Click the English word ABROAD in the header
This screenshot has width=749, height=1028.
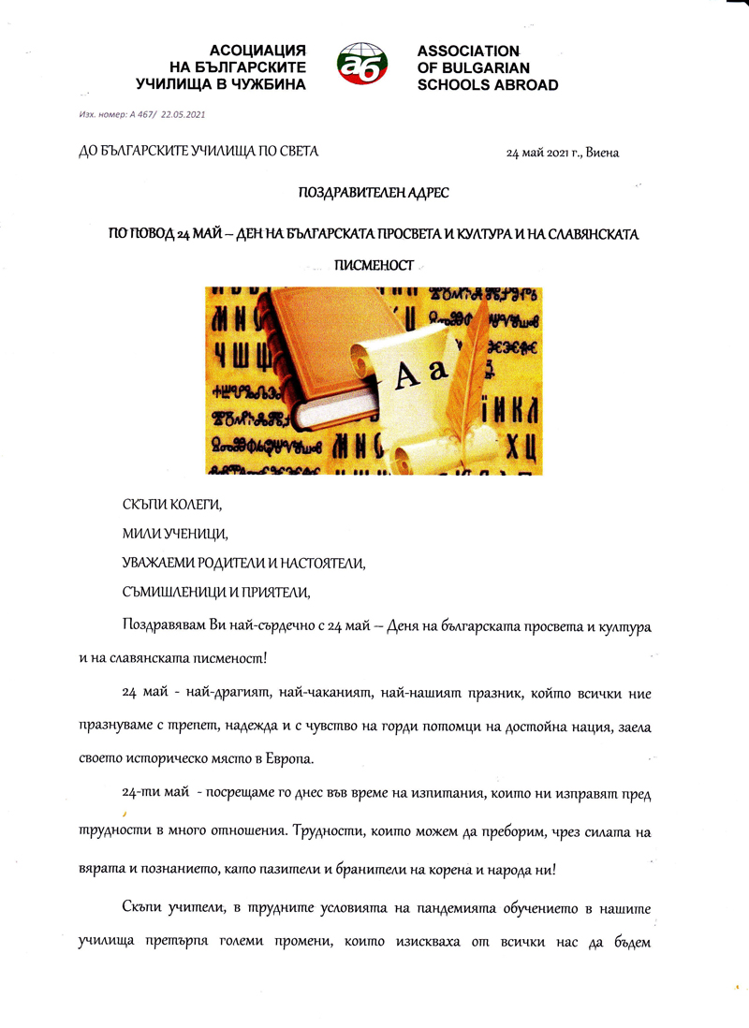point(518,85)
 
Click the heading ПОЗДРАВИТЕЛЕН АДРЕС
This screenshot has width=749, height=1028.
point(374,193)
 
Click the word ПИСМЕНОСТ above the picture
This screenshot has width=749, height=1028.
point(374,265)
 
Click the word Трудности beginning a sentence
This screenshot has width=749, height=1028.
point(330,830)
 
